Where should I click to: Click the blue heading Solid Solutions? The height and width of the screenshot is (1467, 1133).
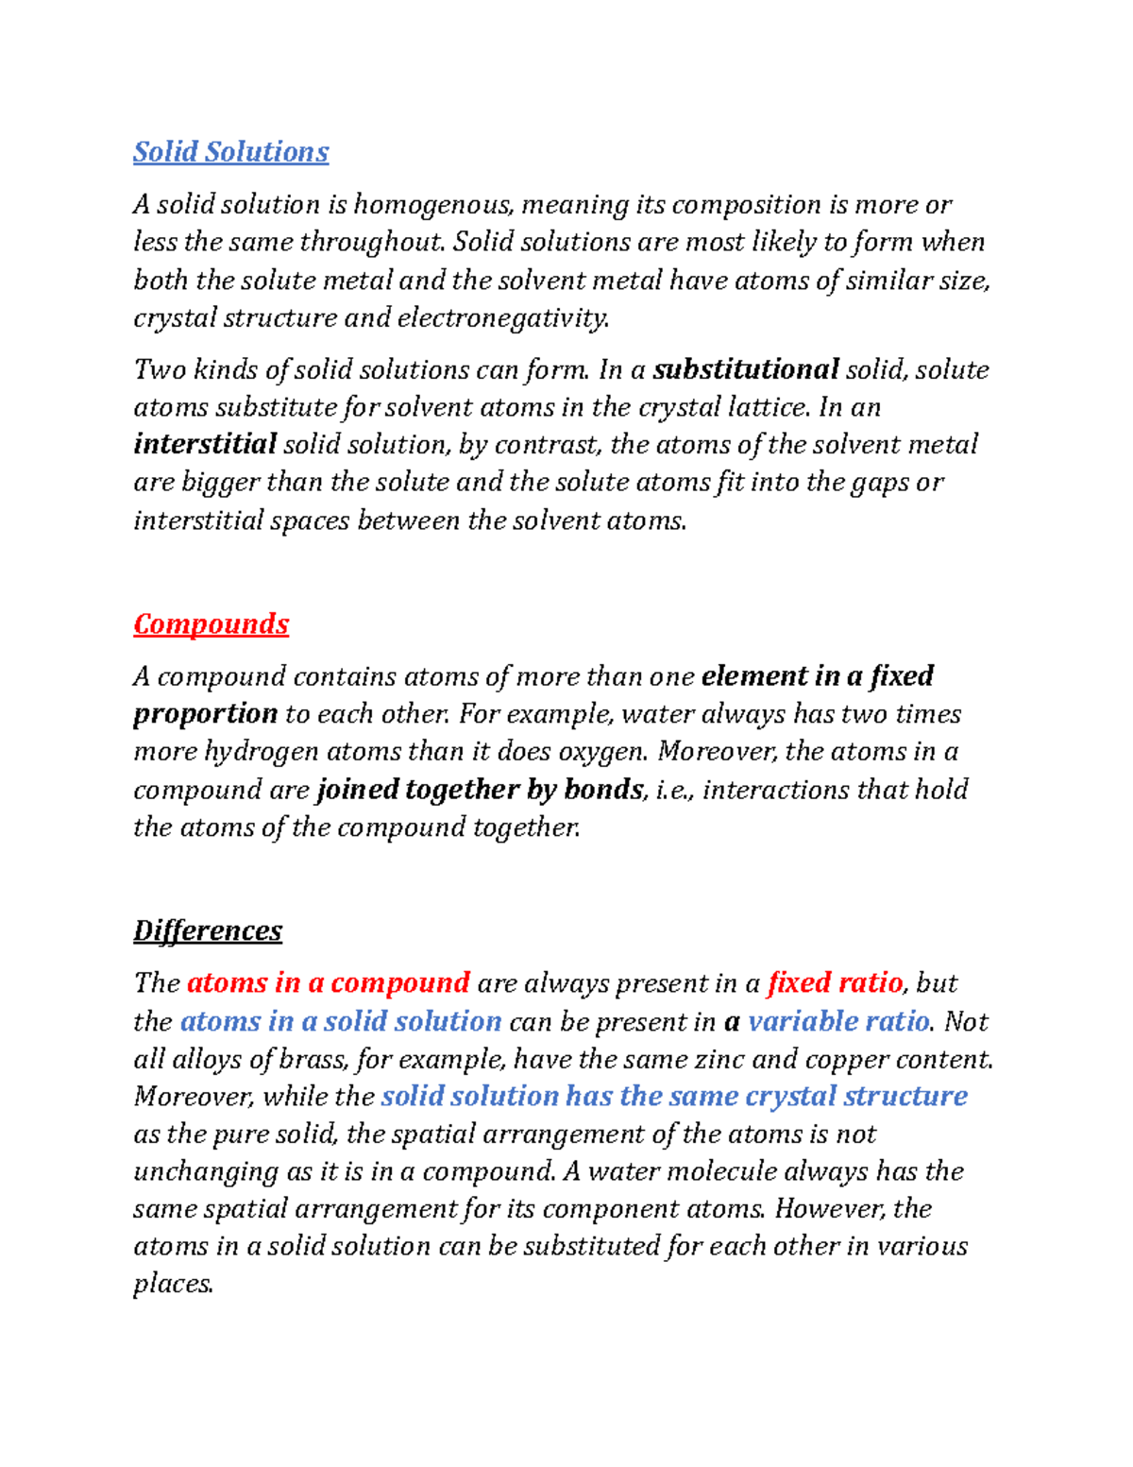230,151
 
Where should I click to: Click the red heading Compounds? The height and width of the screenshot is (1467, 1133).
211,623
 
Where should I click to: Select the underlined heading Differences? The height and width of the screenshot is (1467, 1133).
207,930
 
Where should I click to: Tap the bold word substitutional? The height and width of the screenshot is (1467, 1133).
746,369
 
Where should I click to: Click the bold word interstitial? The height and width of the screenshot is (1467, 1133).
205,444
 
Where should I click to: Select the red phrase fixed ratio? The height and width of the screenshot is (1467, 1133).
835,983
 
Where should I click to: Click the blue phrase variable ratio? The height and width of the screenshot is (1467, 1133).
838,1021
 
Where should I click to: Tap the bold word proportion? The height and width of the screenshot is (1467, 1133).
205,714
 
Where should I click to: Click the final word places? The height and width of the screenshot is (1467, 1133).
173,1285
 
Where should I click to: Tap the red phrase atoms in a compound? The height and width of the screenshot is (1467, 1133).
329,983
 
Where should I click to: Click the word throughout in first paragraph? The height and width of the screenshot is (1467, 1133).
371,243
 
